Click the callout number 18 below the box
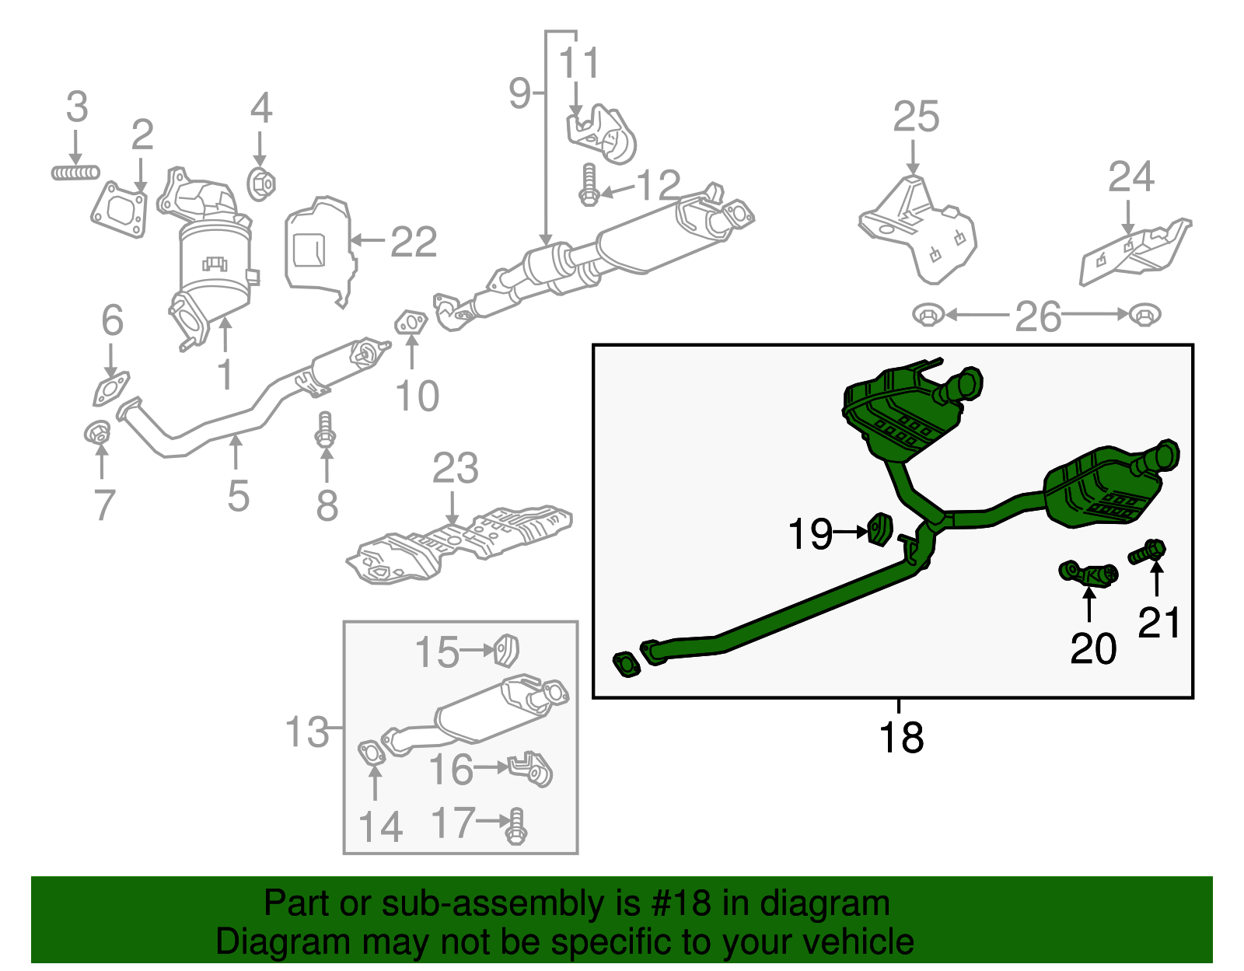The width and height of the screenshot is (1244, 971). [x=900, y=737]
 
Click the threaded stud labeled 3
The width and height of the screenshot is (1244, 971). [x=75, y=172]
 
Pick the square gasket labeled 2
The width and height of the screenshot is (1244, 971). [x=120, y=210]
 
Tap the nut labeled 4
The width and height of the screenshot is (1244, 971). [x=261, y=184]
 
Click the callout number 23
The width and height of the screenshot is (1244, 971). [x=455, y=469]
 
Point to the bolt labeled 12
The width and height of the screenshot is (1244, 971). [x=589, y=186]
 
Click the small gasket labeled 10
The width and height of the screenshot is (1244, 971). [x=411, y=322]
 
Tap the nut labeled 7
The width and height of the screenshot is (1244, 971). [x=98, y=431]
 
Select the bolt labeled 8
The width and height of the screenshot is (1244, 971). [x=326, y=429]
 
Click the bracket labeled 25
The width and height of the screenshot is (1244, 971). [x=917, y=229]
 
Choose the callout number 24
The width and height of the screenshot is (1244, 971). [x=1130, y=177]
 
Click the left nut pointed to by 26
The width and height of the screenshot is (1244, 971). [x=927, y=316]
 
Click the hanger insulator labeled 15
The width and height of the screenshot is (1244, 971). [x=507, y=650]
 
